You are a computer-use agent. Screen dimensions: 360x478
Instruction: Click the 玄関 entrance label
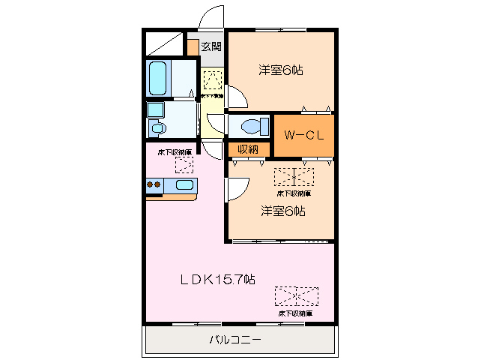pyautogui.click(x=211, y=46)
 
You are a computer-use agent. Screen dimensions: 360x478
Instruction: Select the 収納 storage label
pyautogui.click(x=248, y=149)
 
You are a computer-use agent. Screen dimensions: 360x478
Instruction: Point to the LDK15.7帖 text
pyautogui.click(x=217, y=280)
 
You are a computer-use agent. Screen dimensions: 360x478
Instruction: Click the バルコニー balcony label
pyautogui.click(x=235, y=340)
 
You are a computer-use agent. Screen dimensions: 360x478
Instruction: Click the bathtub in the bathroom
pyautogui.click(x=158, y=78)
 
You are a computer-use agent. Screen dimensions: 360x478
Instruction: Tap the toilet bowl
pyautogui.click(x=251, y=125)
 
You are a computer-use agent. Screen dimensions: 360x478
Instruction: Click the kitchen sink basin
pyautogui.click(x=184, y=185)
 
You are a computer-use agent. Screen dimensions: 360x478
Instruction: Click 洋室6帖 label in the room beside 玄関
pyautogui.click(x=281, y=70)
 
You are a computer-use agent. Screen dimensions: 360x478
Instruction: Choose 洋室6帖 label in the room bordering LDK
pyautogui.click(x=282, y=211)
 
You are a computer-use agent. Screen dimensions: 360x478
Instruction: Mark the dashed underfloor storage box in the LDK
pyautogui.click(x=295, y=296)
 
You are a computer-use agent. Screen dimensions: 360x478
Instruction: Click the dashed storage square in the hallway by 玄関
pyautogui.click(x=213, y=79)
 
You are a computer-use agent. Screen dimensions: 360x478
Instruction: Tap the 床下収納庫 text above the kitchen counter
pyautogui.click(x=175, y=153)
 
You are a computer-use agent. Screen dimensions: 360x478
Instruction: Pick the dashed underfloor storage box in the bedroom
pyautogui.click(x=294, y=177)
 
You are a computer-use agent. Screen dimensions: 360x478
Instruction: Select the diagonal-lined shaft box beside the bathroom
pyautogui.click(x=165, y=43)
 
